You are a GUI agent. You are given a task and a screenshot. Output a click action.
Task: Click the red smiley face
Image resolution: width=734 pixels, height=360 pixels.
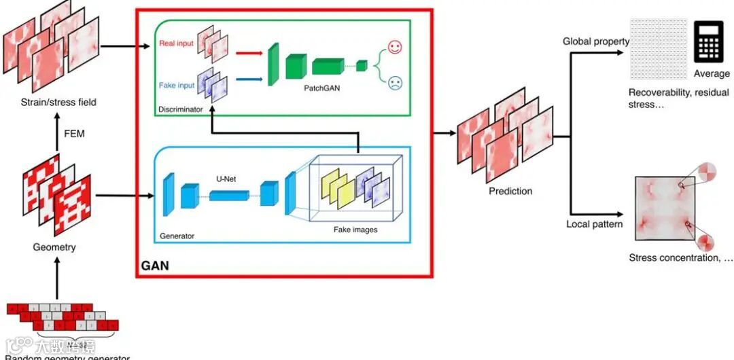pos(395,48)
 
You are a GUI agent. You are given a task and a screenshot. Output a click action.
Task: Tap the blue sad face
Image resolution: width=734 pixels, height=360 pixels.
pos(395,84)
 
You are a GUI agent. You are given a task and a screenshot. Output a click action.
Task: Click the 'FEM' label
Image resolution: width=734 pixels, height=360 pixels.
pos(74,134)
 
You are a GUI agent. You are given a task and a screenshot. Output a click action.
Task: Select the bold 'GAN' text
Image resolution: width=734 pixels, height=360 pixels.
pos(155,266)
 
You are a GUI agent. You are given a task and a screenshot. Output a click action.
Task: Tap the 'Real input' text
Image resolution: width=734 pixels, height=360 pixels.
pos(176,44)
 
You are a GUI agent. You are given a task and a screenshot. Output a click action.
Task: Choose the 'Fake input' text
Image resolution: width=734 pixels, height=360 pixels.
pos(176,86)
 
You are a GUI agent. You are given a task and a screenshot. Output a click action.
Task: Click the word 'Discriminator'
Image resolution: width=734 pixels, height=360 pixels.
pos(180,109)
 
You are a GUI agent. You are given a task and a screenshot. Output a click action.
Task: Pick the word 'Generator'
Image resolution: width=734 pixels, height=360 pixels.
pos(177,236)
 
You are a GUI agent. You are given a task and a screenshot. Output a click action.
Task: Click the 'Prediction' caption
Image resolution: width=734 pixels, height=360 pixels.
pos(510,191)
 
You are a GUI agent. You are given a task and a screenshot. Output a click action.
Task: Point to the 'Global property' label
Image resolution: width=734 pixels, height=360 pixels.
pos(596,41)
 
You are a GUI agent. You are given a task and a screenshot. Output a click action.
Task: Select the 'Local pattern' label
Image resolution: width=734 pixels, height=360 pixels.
pos(595,224)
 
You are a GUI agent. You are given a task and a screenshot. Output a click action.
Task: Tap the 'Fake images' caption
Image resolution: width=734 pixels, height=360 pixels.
pos(355,230)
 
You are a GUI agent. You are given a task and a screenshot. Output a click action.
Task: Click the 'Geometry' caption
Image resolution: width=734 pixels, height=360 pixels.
pos(54,247)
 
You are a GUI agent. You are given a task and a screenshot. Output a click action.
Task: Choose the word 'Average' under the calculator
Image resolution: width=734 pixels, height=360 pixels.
pos(712,73)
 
